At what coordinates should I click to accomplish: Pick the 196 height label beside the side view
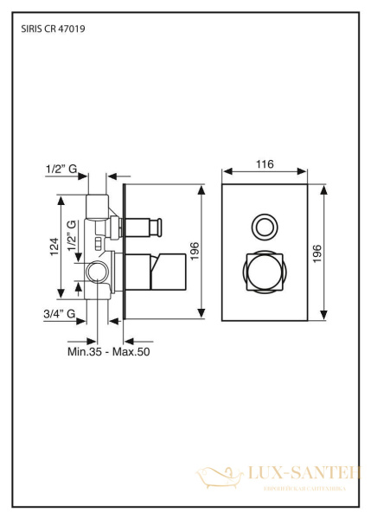click(195, 252)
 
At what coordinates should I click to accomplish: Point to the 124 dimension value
click(54, 247)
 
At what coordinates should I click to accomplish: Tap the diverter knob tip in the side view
click(157, 227)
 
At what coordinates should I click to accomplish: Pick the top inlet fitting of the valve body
click(97, 206)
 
